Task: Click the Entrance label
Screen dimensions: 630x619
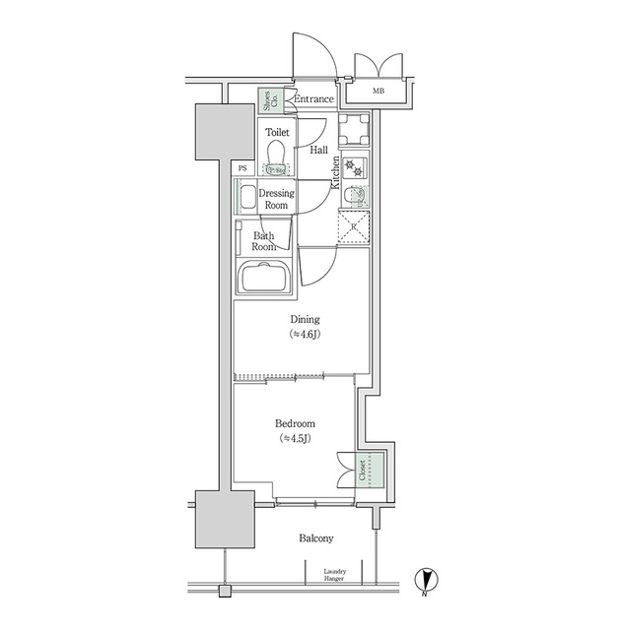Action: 314,98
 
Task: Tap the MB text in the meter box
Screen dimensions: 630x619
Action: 379,93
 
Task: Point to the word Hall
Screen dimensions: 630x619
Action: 319,151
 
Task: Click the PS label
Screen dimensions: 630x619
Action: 243,168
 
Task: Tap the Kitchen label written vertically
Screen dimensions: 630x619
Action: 336,172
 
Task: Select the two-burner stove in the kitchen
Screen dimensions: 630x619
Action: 355,168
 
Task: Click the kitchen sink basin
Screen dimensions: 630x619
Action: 354,195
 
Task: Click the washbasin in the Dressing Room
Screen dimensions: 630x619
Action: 245,197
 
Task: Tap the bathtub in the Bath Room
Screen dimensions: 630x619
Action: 266,279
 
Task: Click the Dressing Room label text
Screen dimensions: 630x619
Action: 277,200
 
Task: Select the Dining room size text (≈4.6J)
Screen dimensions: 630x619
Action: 304,335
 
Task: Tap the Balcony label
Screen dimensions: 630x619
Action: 315,538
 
